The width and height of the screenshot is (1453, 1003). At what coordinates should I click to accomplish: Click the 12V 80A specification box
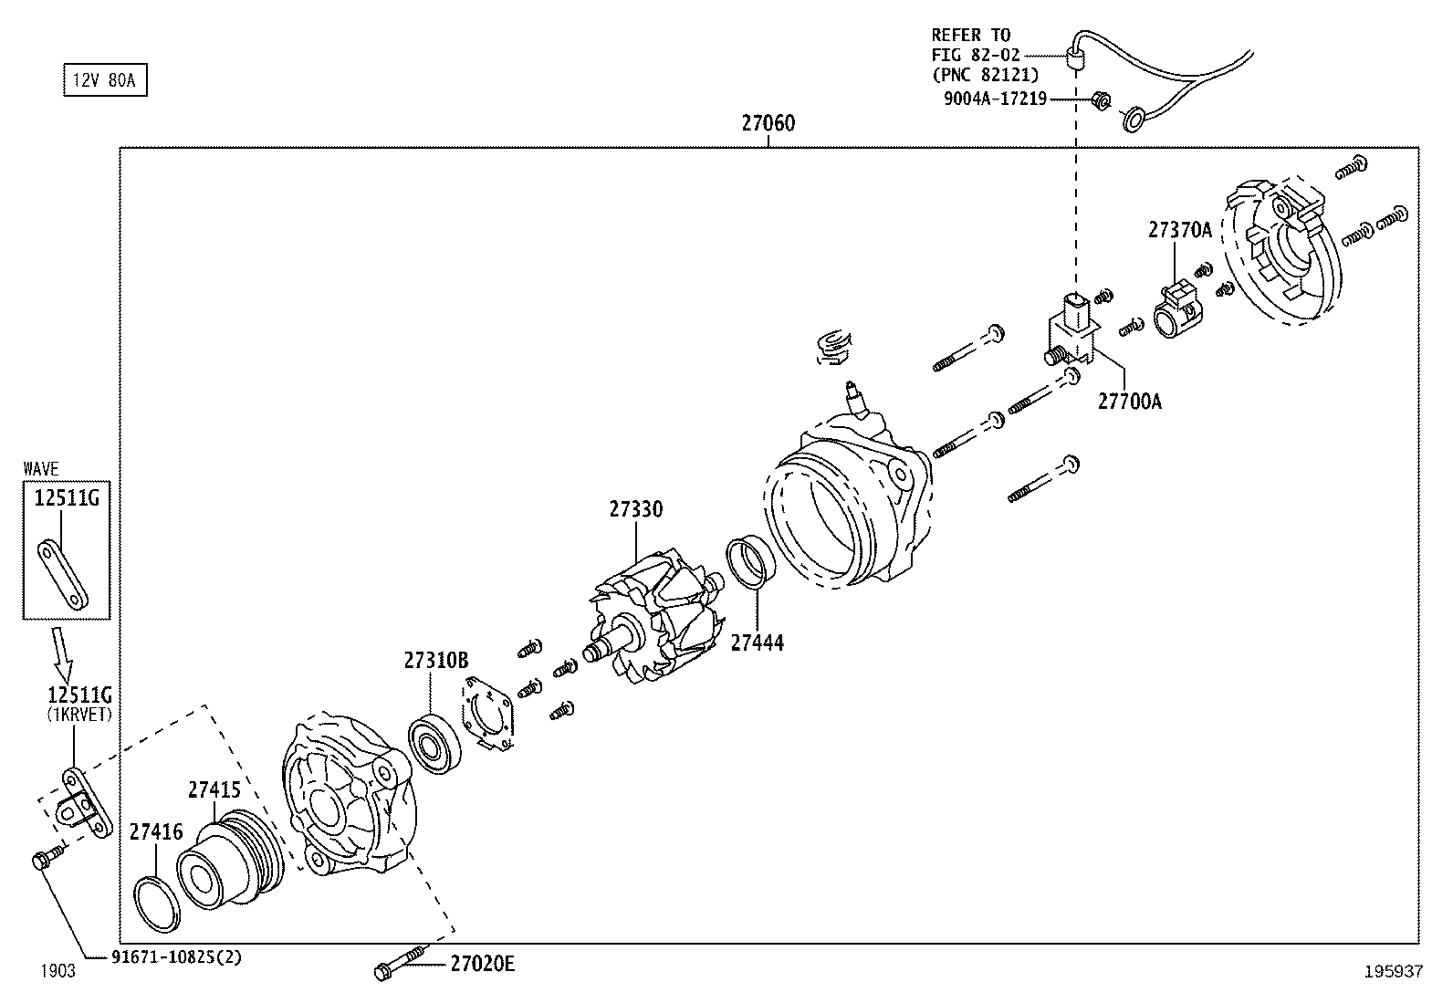[x=104, y=81]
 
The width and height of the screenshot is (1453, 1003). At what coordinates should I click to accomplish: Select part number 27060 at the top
[x=768, y=123]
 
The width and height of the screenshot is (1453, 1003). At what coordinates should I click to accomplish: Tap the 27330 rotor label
[x=636, y=509]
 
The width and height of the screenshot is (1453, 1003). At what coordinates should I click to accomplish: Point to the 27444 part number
[x=757, y=643]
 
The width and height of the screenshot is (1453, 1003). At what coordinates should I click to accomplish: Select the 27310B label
[x=436, y=661]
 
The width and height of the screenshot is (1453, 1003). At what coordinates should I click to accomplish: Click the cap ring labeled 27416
[x=156, y=904]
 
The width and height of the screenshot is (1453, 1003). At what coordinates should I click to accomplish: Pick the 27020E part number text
[x=482, y=964]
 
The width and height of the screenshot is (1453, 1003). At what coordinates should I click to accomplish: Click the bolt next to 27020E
[x=399, y=964]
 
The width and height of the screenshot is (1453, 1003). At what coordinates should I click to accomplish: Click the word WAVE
[x=41, y=469]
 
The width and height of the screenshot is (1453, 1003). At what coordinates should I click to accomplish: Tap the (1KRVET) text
[x=79, y=715]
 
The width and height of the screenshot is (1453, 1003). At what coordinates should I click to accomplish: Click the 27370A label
[x=1179, y=231]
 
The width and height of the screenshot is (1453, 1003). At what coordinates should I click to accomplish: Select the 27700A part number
[x=1129, y=402]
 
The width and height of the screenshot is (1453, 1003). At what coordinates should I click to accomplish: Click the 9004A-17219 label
[x=995, y=99]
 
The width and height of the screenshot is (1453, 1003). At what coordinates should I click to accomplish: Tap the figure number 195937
[x=1393, y=972]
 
